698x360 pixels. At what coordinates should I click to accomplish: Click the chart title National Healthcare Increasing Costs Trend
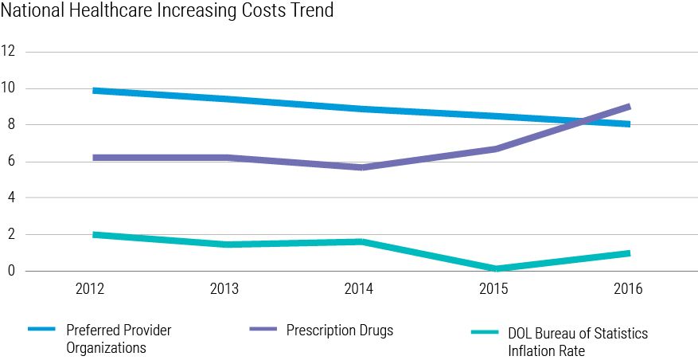coord(167,11)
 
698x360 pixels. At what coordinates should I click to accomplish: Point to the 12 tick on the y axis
coord(10,52)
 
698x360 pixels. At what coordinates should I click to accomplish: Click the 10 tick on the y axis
coord(10,88)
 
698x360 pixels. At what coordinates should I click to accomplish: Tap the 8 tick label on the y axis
coord(10,125)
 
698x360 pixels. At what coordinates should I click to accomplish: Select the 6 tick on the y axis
coord(10,162)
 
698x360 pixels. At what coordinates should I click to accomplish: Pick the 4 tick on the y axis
coord(10,198)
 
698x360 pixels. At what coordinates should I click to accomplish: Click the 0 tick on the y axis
coord(10,272)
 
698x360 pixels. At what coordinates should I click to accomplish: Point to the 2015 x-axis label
coord(493,289)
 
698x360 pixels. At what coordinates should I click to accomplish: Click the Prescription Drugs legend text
coord(340,331)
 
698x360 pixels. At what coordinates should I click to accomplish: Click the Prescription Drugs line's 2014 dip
coord(361,167)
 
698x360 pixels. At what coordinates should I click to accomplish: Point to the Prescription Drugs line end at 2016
coord(629,107)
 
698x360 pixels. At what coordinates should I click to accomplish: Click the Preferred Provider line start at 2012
coord(96,91)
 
